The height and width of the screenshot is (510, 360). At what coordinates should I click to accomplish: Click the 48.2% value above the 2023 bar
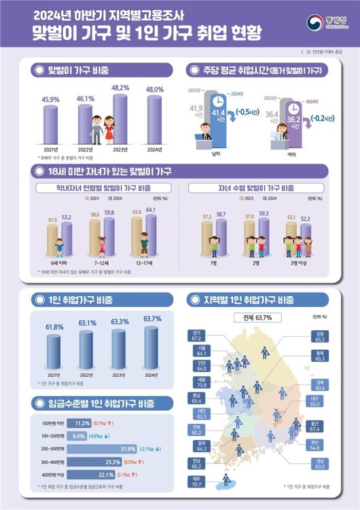tap(120, 88)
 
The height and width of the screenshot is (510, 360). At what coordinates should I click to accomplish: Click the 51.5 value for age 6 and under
tap(52, 220)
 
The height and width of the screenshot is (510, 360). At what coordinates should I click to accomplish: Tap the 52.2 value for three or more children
tap(307, 218)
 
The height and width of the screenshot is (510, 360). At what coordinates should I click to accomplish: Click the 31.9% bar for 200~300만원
tap(126, 449)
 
